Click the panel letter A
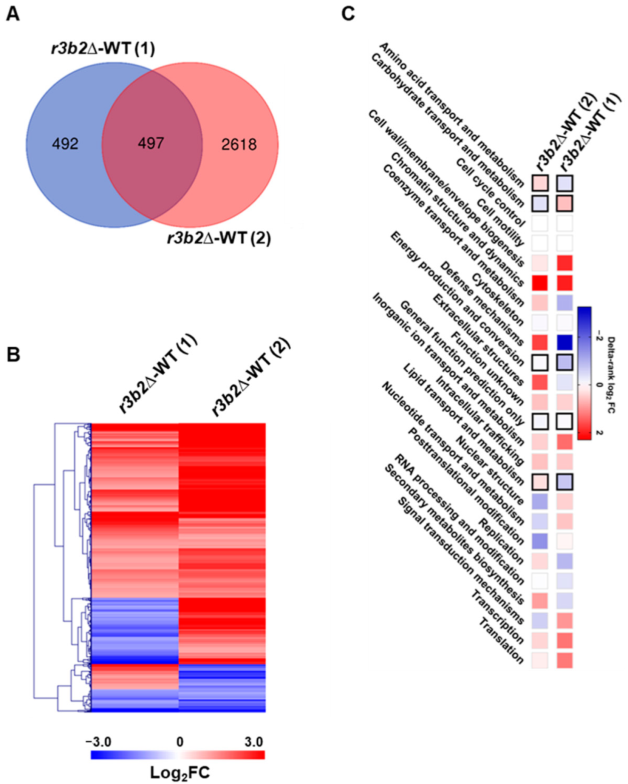point(12,14)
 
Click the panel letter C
point(347,14)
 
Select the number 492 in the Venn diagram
point(65,144)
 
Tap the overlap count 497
point(151,143)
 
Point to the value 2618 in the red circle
point(239,144)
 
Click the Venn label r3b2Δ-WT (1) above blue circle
point(103,49)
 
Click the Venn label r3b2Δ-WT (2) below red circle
point(219,238)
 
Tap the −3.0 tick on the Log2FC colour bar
point(98,741)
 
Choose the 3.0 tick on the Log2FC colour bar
point(254,741)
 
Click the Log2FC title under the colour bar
point(180,772)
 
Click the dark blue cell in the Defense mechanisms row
point(564,343)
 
